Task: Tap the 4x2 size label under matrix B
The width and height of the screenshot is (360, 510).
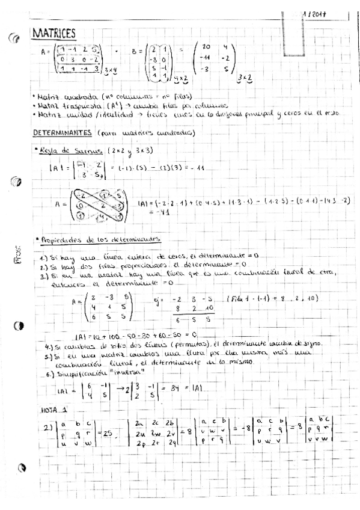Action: (180, 79)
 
